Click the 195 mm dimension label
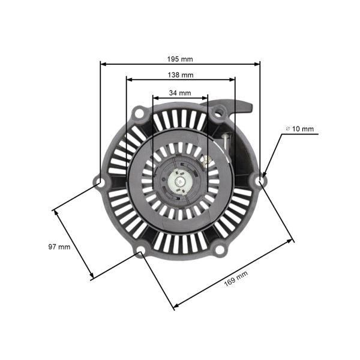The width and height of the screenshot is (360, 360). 180,59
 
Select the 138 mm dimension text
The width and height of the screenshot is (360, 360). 180,75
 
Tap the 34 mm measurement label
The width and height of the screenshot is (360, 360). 180,93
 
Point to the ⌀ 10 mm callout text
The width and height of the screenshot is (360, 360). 299,129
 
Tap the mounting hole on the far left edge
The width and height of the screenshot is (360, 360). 99,181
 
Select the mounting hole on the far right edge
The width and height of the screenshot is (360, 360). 261,179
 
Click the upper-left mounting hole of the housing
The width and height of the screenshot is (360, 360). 139,112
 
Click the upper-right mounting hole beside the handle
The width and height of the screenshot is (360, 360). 221,112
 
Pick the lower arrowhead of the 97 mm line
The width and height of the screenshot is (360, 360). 92,277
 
